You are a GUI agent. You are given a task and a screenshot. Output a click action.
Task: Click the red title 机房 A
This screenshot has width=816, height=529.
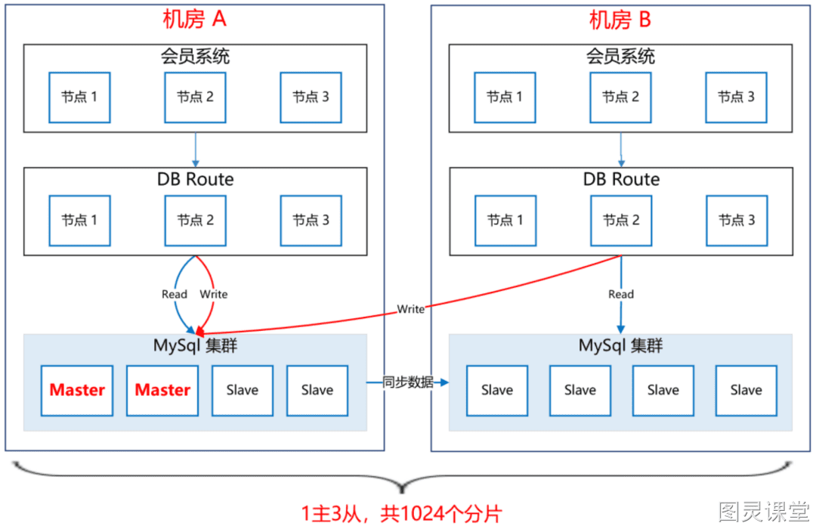point(194,20)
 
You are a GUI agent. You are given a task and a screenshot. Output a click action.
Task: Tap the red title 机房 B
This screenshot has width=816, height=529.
point(620,20)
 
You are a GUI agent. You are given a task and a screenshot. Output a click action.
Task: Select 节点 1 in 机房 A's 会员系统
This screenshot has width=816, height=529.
point(79,97)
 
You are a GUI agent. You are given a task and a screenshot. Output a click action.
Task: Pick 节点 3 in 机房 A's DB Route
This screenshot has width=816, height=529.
point(311,221)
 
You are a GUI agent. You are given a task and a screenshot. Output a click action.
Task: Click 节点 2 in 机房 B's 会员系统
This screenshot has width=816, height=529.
point(620,97)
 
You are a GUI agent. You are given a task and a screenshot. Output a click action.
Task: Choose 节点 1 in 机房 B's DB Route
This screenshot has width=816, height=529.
point(505,221)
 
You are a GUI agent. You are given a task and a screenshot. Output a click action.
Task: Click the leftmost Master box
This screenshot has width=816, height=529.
point(77,391)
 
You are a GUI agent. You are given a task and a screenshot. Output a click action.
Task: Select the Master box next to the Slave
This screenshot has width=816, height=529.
point(162,391)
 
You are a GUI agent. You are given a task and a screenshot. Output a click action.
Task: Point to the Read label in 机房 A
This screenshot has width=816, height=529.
point(175,294)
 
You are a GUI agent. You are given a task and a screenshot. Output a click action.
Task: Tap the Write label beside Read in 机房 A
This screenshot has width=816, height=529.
point(213,294)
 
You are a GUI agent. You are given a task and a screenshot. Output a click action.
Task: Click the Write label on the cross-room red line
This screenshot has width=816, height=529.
point(410,309)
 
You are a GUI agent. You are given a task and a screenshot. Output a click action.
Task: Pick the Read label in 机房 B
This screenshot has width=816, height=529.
point(621,294)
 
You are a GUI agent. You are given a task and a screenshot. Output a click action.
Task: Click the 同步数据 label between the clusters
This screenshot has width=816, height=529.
point(408,382)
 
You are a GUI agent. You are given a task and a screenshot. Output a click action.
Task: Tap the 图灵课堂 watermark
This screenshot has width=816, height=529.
point(764,512)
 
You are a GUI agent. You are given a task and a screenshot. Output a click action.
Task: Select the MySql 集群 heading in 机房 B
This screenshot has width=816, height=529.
point(620,345)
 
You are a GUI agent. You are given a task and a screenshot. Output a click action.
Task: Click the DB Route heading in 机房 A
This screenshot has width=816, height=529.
point(195,179)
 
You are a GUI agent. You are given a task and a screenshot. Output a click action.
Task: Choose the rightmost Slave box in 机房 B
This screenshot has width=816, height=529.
point(746,391)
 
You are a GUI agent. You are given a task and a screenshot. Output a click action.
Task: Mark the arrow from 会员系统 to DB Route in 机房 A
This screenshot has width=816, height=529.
point(195,150)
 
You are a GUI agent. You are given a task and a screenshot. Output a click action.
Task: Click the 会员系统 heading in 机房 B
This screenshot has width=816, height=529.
point(620,56)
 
